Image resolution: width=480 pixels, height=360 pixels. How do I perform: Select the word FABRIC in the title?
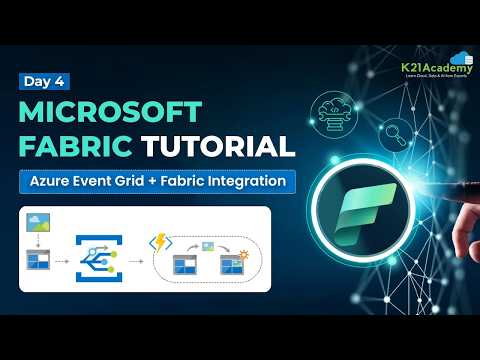(75, 146)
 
